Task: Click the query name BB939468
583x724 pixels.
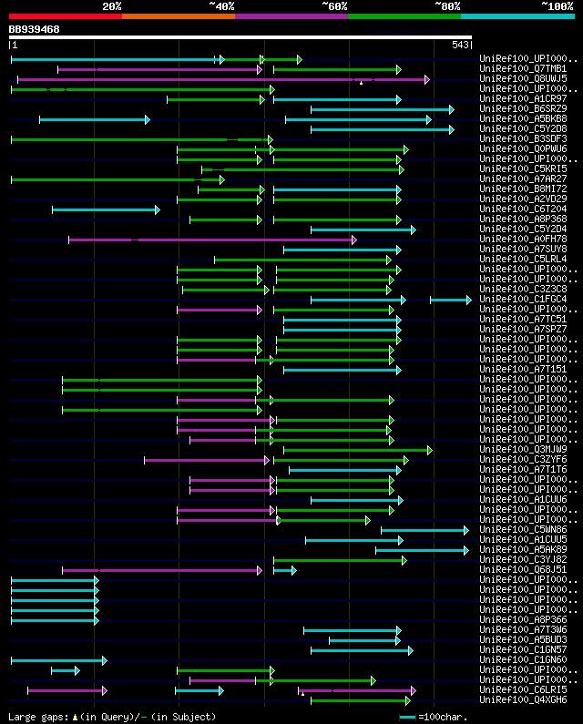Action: pos(34,29)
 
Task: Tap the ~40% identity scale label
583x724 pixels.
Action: pos(221,5)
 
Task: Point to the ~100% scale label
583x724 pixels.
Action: pos(557,5)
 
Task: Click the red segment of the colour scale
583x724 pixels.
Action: pos(65,15)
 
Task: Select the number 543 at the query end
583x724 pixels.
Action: pos(460,45)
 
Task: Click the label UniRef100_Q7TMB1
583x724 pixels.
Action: pos(523,69)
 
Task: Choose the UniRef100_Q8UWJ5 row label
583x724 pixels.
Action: pos(523,79)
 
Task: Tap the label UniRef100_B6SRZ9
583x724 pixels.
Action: pos(523,109)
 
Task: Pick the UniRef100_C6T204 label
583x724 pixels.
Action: pos(523,209)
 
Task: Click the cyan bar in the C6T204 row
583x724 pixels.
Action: pos(105,209)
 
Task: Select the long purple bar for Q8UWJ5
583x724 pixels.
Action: pos(219,79)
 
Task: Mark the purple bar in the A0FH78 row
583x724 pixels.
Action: pos(210,240)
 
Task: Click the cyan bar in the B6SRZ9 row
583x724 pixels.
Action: pos(381,109)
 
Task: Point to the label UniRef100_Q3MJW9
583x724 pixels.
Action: pos(523,450)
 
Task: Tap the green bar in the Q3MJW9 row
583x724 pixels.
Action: pos(356,450)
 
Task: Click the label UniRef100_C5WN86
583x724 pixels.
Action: pos(523,530)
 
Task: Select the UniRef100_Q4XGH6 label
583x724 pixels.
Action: pos(523,700)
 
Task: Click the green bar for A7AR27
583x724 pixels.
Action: pos(115,179)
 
